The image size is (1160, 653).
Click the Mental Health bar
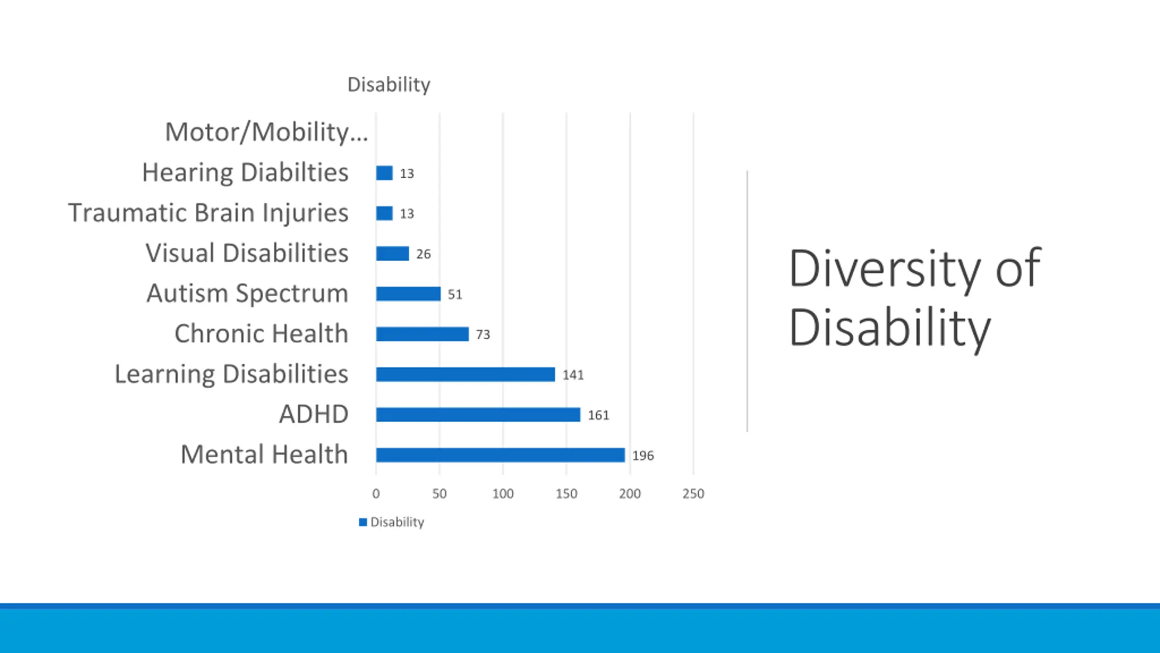pyautogui.click(x=500, y=455)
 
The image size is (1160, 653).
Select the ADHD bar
pyautogui.click(x=478, y=414)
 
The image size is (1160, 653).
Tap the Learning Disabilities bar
pyautogui.click(x=465, y=375)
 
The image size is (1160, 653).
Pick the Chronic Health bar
pyautogui.click(x=422, y=334)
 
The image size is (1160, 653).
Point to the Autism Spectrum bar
pyautogui.click(x=408, y=294)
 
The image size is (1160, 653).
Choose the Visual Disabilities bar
pyautogui.click(x=392, y=253)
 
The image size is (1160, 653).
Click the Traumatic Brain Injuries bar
pyautogui.click(x=384, y=213)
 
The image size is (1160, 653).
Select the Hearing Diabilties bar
pyautogui.click(x=384, y=173)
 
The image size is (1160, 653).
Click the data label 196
pyautogui.click(x=643, y=456)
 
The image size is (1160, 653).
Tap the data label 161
pyautogui.click(x=598, y=415)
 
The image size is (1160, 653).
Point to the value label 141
pyautogui.click(x=573, y=375)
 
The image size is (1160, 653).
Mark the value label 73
pyautogui.click(x=483, y=335)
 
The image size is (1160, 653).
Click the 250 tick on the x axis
pyautogui.click(x=693, y=494)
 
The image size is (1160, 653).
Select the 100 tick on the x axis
pyautogui.click(x=503, y=494)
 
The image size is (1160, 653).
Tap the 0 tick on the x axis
pyautogui.click(x=376, y=494)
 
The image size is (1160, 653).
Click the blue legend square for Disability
pyautogui.click(x=363, y=522)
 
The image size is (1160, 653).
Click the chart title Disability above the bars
pyautogui.click(x=389, y=85)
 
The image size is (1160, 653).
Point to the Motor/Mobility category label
pyautogui.click(x=266, y=132)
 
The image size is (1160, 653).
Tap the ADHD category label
pyautogui.click(x=314, y=414)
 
